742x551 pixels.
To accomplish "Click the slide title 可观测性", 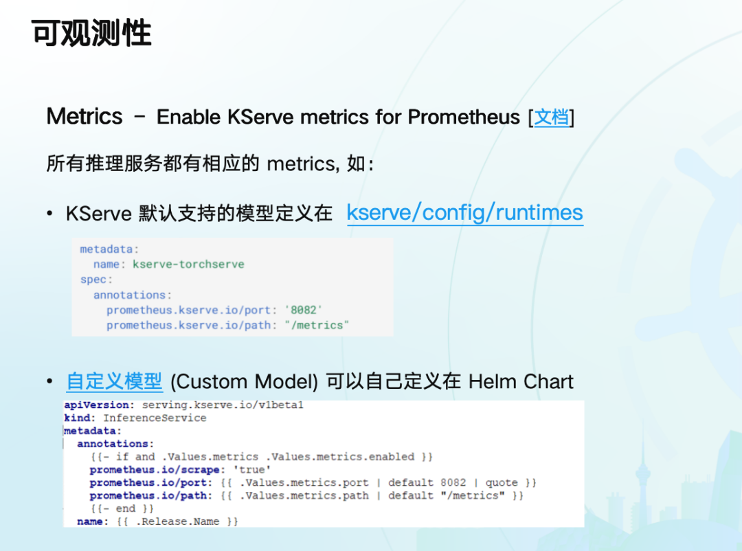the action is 91,33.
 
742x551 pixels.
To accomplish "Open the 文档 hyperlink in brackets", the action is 551,117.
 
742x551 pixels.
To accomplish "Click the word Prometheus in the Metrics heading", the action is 464,117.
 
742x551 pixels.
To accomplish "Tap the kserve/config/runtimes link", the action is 464,212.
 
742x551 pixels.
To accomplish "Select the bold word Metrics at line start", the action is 85,116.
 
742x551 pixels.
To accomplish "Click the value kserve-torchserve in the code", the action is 188,264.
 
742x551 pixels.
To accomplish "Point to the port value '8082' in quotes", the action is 304,310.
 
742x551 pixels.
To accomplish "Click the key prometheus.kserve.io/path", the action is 189,325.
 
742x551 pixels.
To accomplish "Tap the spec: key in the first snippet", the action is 97,280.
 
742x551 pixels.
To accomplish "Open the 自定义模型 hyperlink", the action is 115,381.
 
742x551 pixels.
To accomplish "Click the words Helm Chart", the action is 521,381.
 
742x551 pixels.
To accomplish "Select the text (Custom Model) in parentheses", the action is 244,382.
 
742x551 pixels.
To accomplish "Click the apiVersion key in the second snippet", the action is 97,405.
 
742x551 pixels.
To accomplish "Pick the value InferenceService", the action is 155,418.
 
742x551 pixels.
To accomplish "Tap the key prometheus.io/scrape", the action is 155,470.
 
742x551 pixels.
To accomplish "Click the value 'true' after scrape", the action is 252,470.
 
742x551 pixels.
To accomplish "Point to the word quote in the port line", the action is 502,483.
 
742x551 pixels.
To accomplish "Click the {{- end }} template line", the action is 122,509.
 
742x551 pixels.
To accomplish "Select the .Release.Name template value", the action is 177,521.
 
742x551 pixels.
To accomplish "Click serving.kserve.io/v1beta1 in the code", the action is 223,405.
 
